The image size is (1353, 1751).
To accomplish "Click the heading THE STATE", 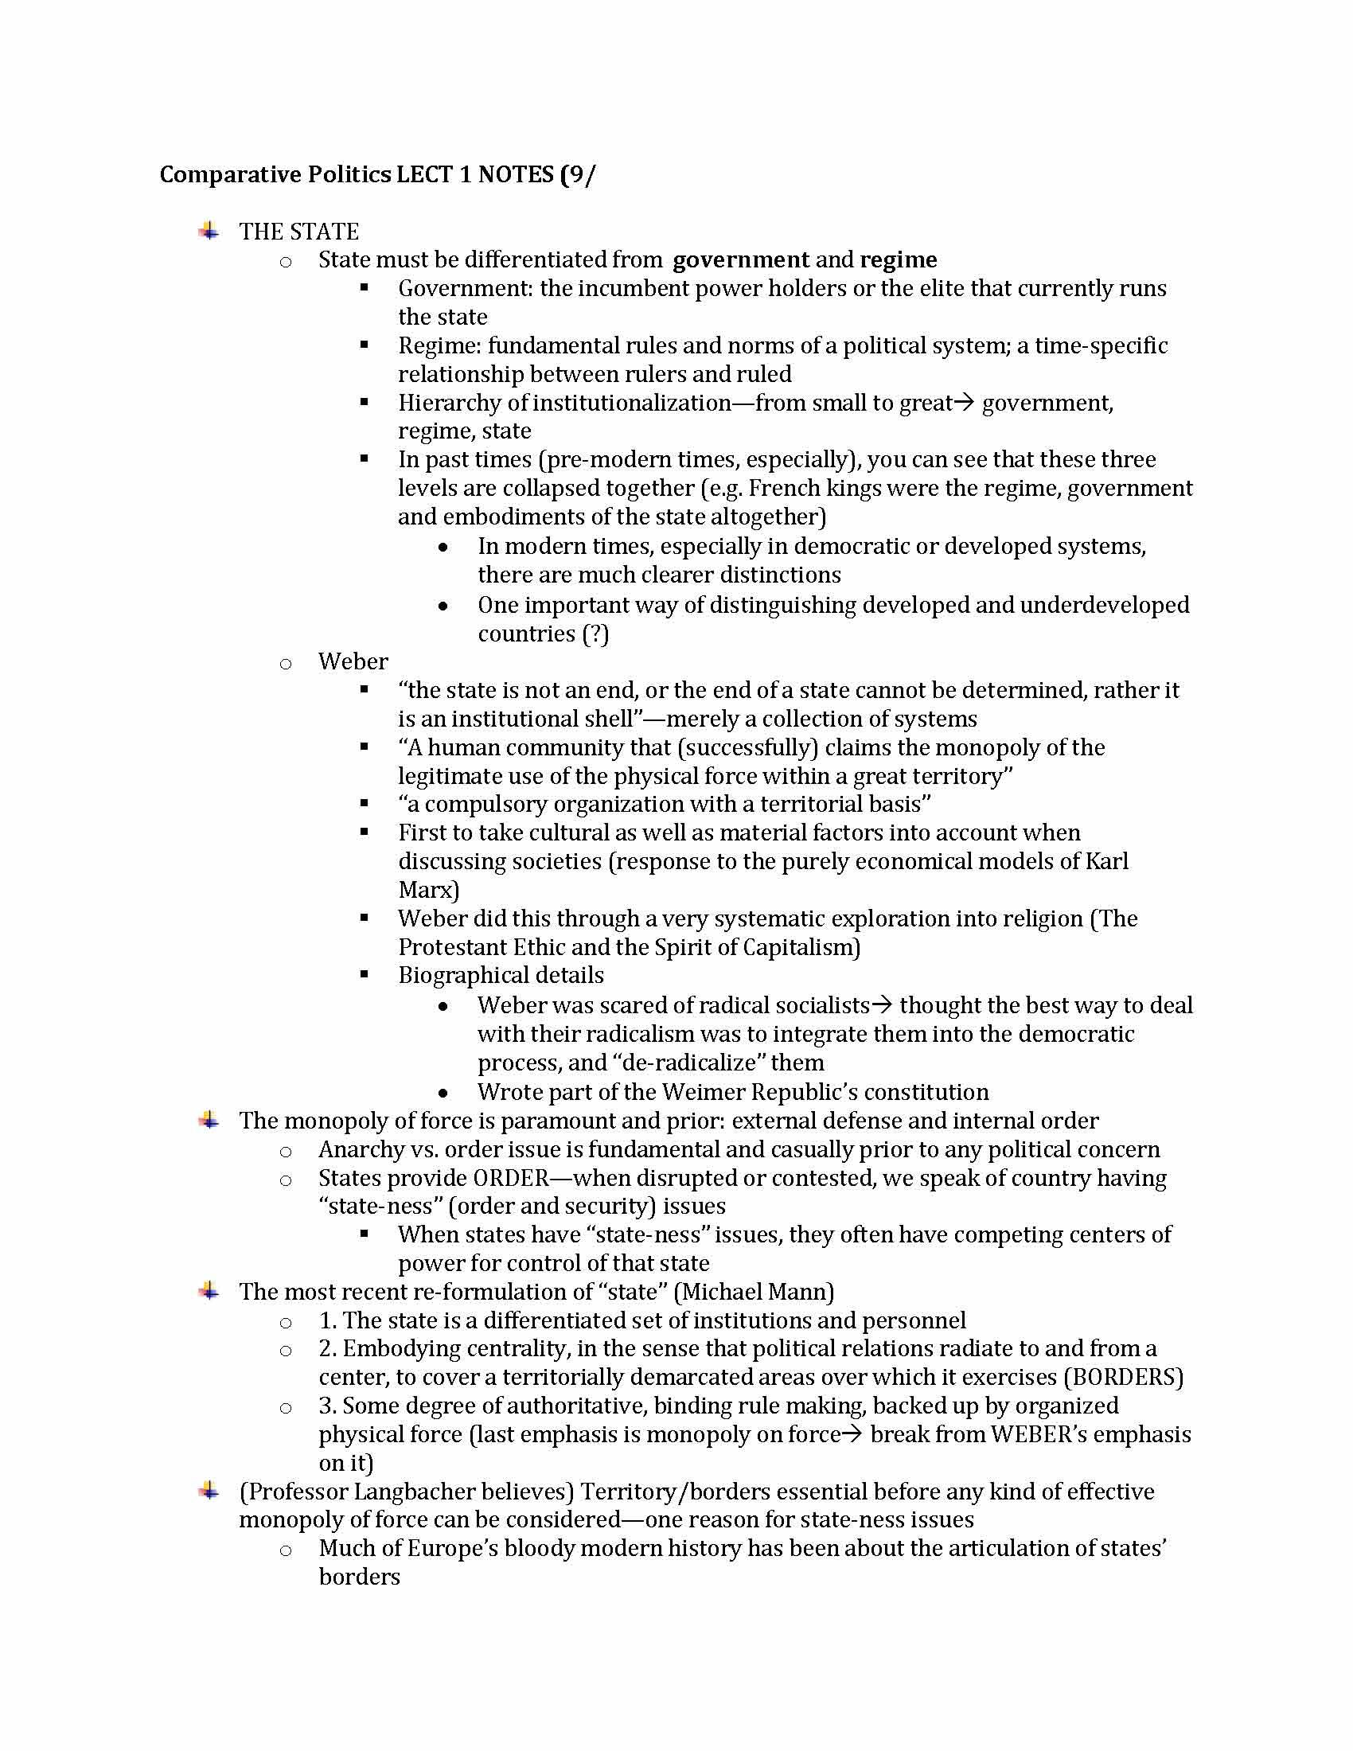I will coord(298,232).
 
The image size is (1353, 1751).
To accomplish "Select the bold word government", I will coord(741,259).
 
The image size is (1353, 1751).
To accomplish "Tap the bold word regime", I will coord(898,259).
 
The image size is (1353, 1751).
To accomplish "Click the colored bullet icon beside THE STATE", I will coord(209,232).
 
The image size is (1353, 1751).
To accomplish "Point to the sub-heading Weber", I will coord(353,661).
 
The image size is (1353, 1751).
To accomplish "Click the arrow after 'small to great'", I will coord(966,403).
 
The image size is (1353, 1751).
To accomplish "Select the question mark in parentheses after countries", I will coord(595,634).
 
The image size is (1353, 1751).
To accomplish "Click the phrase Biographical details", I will coord(501,976).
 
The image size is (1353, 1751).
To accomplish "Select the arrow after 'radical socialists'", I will coord(882,1005).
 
